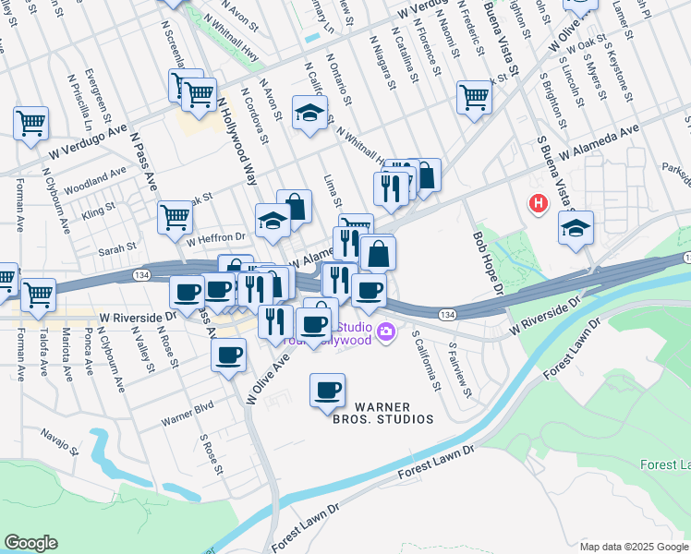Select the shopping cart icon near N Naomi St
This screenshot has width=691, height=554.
click(x=474, y=96)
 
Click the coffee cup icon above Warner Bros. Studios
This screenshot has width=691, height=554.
click(x=327, y=391)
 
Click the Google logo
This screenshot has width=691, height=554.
click(x=31, y=542)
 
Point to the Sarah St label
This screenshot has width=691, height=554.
click(x=117, y=247)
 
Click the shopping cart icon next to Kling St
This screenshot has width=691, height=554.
click(x=174, y=219)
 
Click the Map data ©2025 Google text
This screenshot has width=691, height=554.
click(x=633, y=547)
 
